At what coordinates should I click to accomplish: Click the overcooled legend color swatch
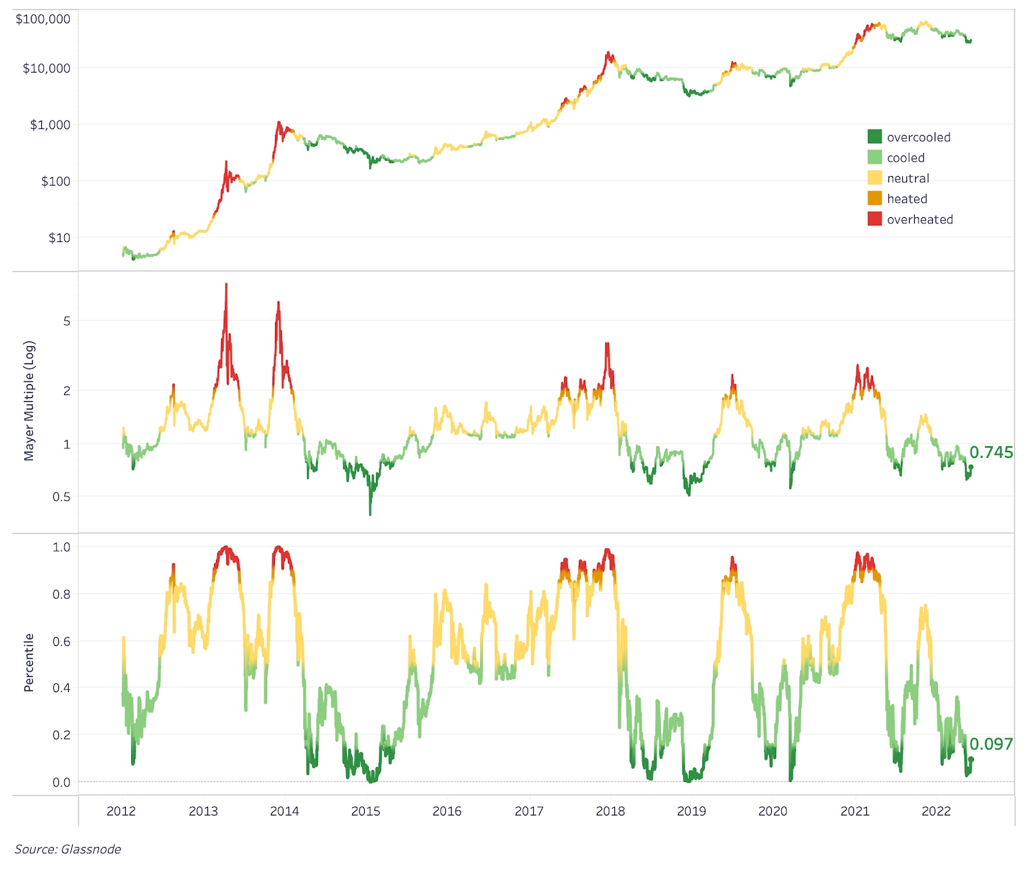click(874, 136)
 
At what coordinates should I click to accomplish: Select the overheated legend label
click(919, 220)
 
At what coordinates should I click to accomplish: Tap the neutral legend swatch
click(874, 178)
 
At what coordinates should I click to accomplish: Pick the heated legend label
click(907, 199)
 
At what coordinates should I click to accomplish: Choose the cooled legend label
click(905, 158)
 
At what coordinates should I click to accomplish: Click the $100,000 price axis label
click(43, 19)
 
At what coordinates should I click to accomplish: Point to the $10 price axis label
click(59, 238)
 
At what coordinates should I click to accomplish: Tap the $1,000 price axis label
click(50, 125)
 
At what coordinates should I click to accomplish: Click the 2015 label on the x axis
click(366, 811)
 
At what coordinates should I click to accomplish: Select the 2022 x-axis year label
click(936, 811)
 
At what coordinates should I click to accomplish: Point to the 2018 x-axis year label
click(610, 811)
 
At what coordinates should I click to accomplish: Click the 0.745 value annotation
click(991, 453)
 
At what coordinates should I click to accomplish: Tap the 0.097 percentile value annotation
click(991, 744)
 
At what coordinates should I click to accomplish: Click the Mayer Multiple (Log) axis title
click(29, 401)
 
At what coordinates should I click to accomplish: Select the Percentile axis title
click(29, 663)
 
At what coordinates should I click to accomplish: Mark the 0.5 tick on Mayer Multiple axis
click(62, 497)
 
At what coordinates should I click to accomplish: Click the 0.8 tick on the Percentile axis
click(62, 595)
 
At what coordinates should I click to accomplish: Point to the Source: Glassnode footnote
click(68, 850)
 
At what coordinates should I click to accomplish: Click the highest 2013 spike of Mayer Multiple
click(226, 285)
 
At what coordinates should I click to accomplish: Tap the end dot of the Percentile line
click(971, 759)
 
